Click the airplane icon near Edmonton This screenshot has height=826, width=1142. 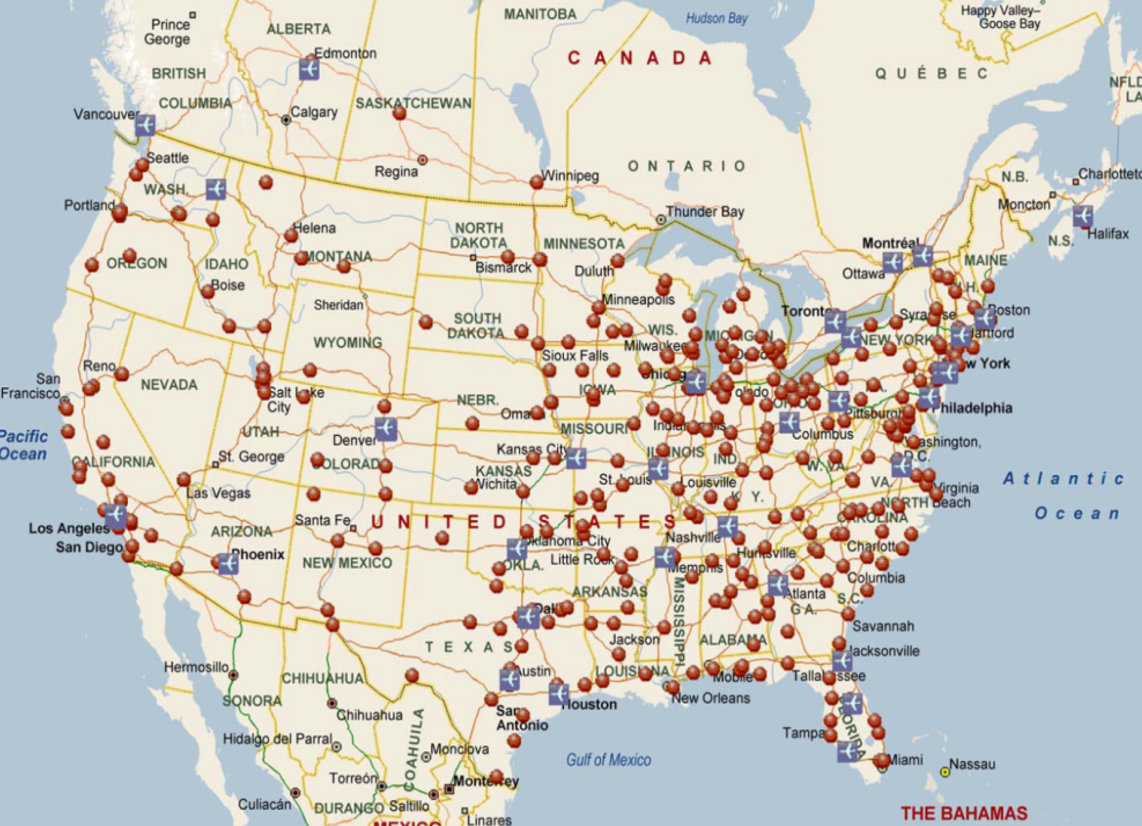click(x=309, y=69)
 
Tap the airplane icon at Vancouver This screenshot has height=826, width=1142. click(x=145, y=125)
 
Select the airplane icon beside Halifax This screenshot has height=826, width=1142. click(x=1082, y=216)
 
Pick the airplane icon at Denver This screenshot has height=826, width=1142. click(x=386, y=429)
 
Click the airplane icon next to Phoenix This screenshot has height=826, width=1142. click(x=228, y=563)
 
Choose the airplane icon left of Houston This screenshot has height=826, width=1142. click(x=558, y=694)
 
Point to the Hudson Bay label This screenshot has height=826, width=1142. click(x=716, y=18)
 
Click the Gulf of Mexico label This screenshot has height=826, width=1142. click(x=608, y=760)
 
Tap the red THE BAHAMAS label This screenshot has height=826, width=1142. click(x=963, y=813)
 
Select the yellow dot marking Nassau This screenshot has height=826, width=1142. click(x=944, y=772)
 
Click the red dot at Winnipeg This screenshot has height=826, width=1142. click(x=536, y=182)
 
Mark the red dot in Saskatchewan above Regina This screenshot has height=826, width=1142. click(x=400, y=113)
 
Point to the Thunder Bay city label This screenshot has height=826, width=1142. click(x=705, y=212)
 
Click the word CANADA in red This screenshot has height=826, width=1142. click(x=640, y=58)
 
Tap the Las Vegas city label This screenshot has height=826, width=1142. click(x=218, y=493)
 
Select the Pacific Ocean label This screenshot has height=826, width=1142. click(x=23, y=445)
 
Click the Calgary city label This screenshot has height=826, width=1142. click(x=313, y=112)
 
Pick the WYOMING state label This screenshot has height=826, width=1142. click(x=347, y=343)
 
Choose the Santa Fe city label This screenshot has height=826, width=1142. click(x=322, y=520)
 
